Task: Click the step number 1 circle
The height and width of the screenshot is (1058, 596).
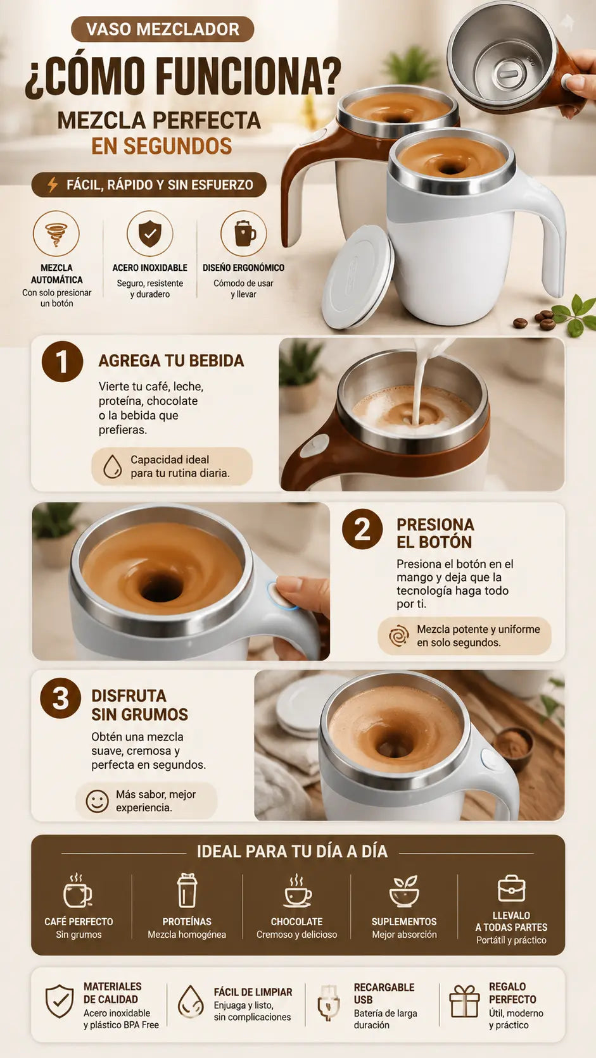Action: click(x=63, y=362)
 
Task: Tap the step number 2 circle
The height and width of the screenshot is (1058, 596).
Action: click(x=362, y=529)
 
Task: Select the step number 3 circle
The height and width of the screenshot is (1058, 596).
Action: click(x=61, y=698)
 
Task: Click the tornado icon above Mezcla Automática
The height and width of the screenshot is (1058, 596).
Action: click(x=56, y=233)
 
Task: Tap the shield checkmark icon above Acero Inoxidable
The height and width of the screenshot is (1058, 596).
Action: click(x=150, y=233)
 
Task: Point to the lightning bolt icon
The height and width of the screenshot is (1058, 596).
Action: click(x=53, y=185)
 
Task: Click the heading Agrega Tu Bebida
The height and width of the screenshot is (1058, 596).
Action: click(x=171, y=361)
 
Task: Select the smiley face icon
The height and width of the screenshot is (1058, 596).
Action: click(x=98, y=801)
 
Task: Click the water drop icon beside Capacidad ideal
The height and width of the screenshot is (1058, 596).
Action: click(x=113, y=466)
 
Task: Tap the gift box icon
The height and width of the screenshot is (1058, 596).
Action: click(x=464, y=1001)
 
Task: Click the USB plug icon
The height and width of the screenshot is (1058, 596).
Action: click(x=329, y=1002)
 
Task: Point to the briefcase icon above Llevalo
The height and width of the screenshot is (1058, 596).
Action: click(x=511, y=888)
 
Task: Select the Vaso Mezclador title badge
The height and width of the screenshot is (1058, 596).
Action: click(x=163, y=29)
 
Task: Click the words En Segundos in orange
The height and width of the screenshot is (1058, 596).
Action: click(x=162, y=146)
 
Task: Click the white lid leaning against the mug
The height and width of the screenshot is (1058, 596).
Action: click(x=358, y=277)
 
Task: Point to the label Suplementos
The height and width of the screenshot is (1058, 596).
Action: click(x=404, y=921)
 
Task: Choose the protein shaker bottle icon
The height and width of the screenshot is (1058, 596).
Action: click(x=187, y=890)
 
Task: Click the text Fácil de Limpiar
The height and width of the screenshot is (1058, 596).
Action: click(x=253, y=992)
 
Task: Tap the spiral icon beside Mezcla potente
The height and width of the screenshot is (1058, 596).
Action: click(x=399, y=636)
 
